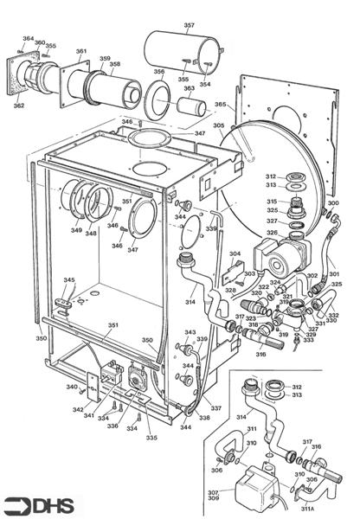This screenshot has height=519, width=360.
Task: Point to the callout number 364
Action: point(28,39)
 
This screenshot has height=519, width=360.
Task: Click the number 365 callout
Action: point(221,105)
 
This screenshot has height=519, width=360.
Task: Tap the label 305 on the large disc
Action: point(218,125)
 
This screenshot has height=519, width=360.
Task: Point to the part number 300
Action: point(333,203)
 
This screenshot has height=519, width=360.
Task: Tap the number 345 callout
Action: point(69,280)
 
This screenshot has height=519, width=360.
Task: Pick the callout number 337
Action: point(216,407)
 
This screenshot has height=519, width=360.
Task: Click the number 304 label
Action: point(235,254)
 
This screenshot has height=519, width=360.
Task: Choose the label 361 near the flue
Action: point(81,51)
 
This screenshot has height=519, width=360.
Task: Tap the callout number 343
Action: point(190,332)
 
